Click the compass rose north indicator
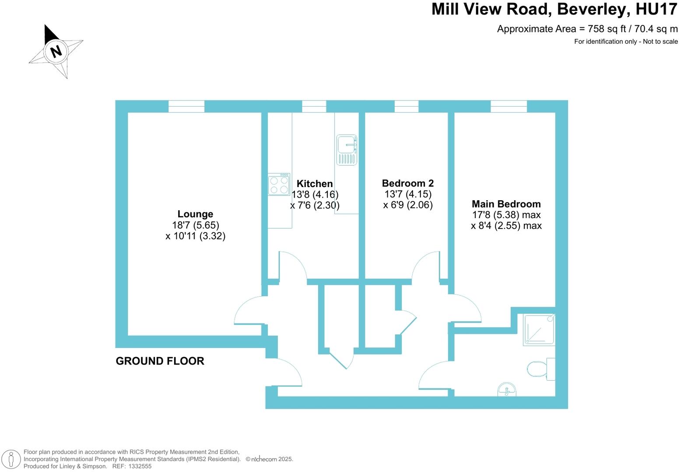pyautogui.click(x=56, y=51)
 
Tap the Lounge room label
pyautogui.click(x=195, y=214)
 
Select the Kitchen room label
pyautogui.click(x=315, y=184)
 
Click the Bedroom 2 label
pyautogui.click(x=408, y=183)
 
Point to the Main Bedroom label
pyautogui.click(x=506, y=204)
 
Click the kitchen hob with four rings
pyautogui.click(x=279, y=184)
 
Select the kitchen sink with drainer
pyautogui.click(x=347, y=150)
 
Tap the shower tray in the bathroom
pyautogui.click(x=539, y=330)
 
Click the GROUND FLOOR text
pyautogui.click(x=160, y=361)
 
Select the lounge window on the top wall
pyautogui.click(x=186, y=106)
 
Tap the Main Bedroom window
pyautogui.click(x=508, y=106)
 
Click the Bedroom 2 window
pyautogui.click(x=407, y=106)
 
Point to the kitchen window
pyautogui.click(x=314, y=106)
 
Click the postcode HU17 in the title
pyautogui.click(x=656, y=9)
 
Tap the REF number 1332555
pyautogui.click(x=140, y=466)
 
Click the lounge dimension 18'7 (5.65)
pyautogui.click(x=195, y=225)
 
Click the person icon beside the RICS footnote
pyautogui.click(x=11, y=459)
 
